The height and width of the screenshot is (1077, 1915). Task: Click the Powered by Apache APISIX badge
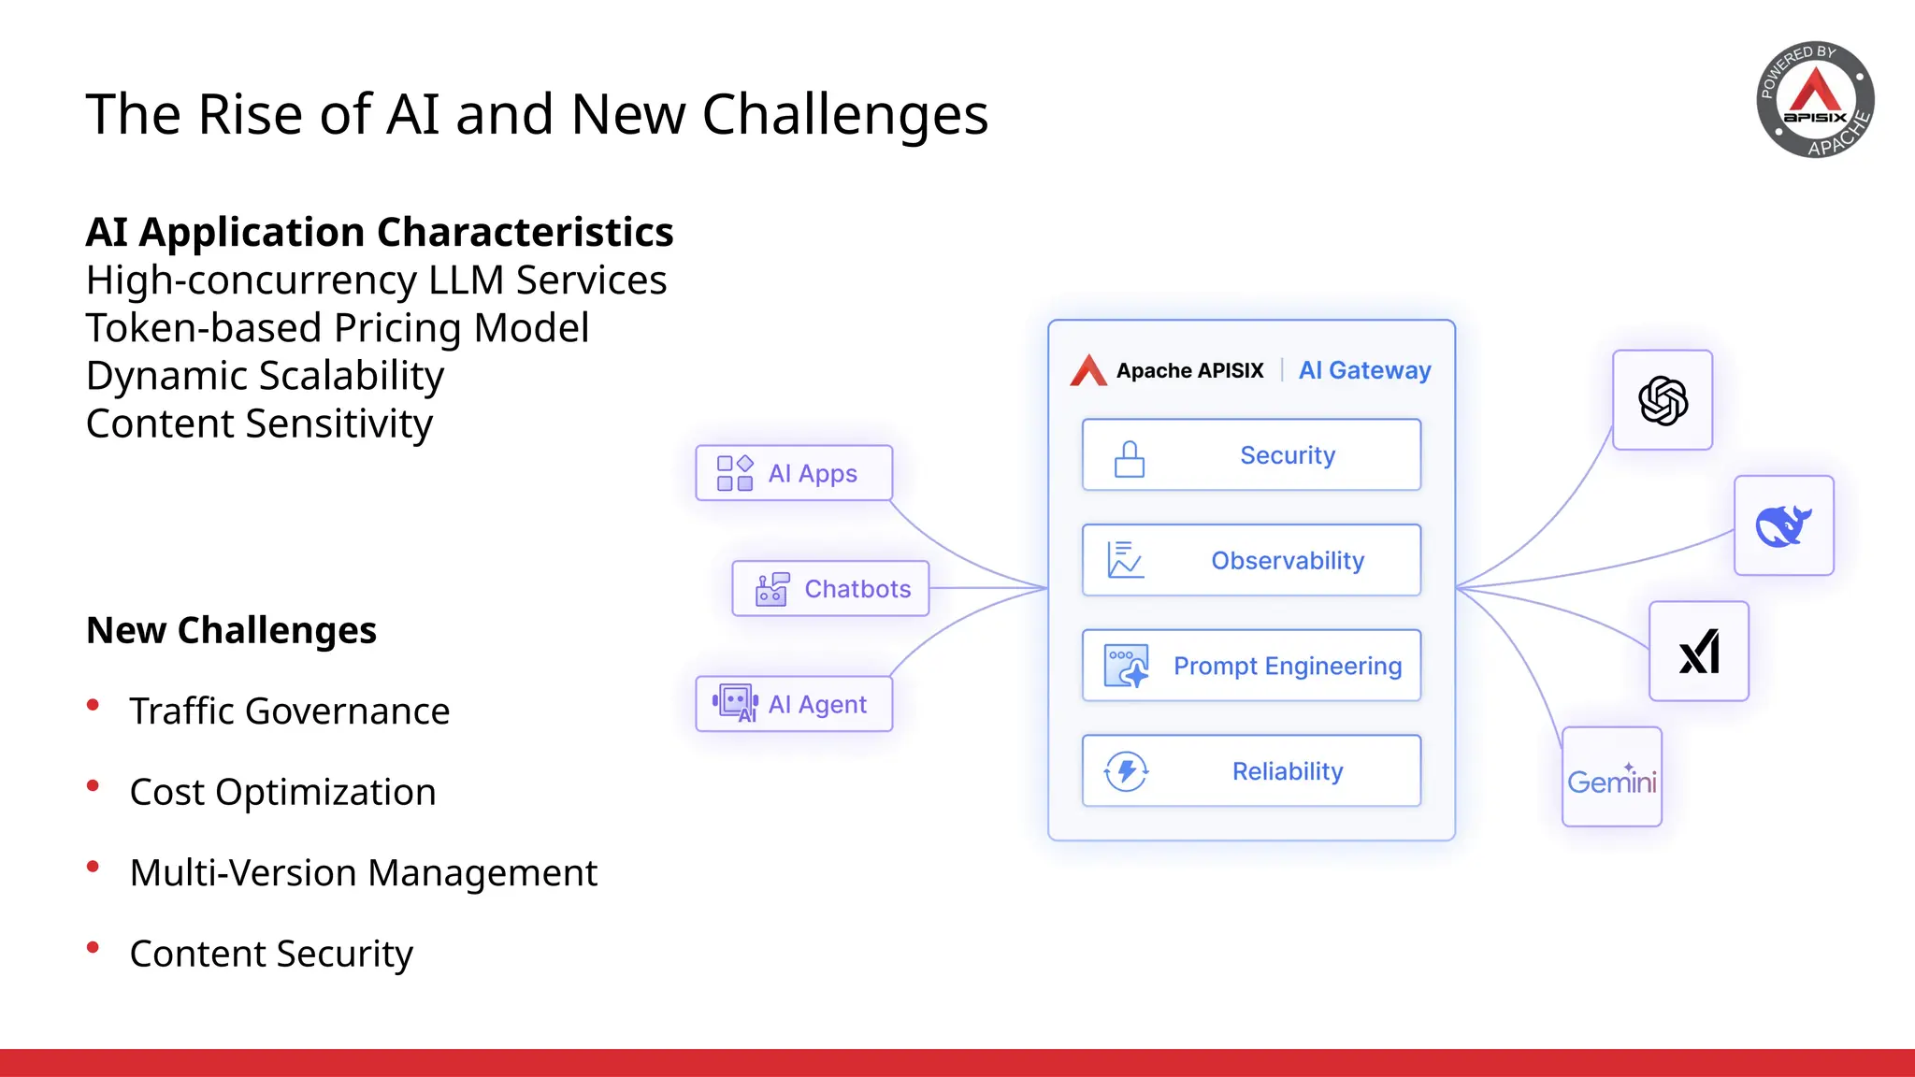click(1815, 99)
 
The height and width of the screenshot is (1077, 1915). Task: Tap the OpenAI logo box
click(1663, 400)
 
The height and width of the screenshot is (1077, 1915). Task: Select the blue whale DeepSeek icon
click(1783, 525)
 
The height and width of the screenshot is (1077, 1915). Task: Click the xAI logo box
click(1698, 652)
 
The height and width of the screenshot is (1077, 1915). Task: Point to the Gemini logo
click(1611, 779)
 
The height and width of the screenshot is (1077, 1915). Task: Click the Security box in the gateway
click(1251, 455)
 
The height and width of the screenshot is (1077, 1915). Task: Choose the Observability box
click(1251, 561)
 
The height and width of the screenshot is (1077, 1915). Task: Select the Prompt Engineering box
click(1251, 666)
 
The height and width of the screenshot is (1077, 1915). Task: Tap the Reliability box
click(1251, 771)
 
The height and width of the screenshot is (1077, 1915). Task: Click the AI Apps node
click(794, 473)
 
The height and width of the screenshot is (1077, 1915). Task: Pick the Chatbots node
click(830, 589)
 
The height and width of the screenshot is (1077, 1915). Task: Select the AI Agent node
click(794, 704)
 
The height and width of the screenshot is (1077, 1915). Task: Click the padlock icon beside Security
click(1129, 459)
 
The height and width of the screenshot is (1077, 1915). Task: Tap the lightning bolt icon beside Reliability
click(1126, 771)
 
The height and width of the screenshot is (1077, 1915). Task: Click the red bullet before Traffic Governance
click(93, 705)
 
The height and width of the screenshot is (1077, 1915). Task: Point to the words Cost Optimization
click(282, 792)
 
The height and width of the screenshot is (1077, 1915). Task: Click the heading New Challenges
click(231, 630)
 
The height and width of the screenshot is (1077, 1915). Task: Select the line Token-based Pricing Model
click(338, 328)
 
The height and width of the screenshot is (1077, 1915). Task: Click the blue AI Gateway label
click(1364, 370)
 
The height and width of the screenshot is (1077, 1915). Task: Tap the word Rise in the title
click(251, 114)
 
